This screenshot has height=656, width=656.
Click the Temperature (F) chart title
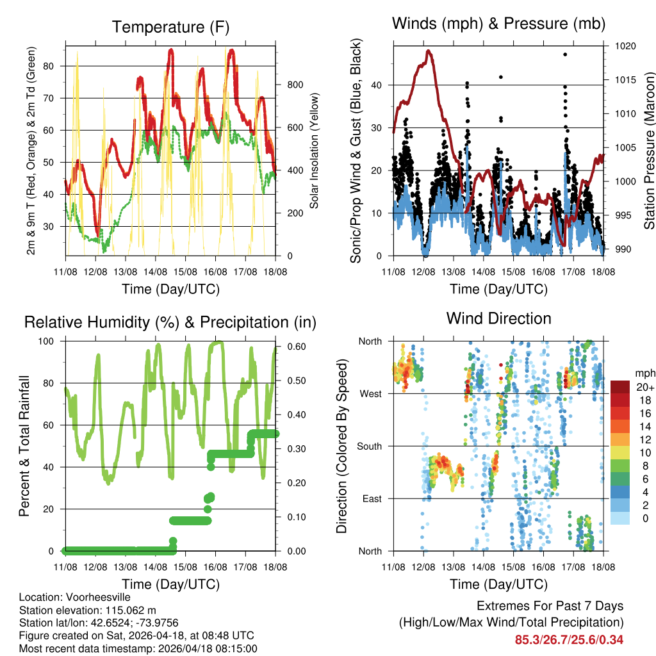click(x=170, y=27)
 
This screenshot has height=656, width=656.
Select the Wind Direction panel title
click(x=498, y=318)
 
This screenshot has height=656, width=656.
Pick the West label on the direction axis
click(x=371, y=393)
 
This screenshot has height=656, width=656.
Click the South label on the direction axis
click(x=369, y=446)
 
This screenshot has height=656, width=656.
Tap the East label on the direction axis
click(x=372, y=498)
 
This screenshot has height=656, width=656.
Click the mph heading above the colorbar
click(x=643, y=373)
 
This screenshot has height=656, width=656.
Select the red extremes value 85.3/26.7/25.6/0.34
click(x=569, y=639)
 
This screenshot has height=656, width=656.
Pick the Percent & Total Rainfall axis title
click(x=25, y=446)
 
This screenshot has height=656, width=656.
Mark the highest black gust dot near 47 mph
click(x=565, y=54)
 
